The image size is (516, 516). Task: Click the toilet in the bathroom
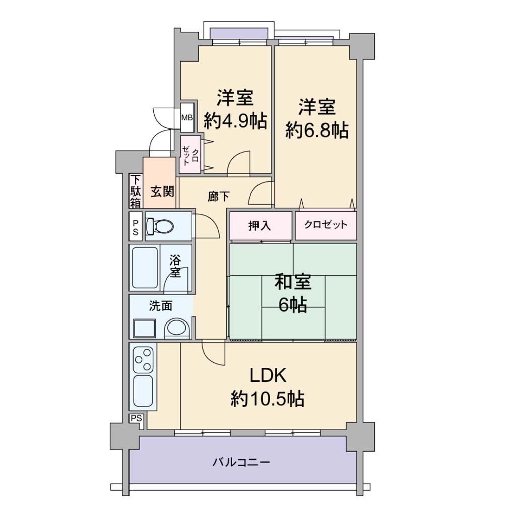[x=159, y=226]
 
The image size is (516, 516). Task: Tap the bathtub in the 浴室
[x=145, y=268]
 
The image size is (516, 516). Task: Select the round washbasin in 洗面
[x=177, y=328]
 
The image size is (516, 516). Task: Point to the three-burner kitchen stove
[x=143, y=359]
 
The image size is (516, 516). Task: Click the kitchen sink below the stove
[x=143, y=391]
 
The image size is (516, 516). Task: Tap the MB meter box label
[x=187, y=117]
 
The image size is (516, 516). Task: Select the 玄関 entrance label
[x=162, y=191]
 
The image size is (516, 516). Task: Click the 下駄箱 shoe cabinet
[x=135, y=191]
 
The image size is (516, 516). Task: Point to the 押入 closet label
[x=260, y=226]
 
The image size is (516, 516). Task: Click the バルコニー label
[x=241, y=463]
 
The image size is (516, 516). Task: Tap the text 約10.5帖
[x=267, y=399]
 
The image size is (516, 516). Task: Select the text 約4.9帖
[x=235, y=121]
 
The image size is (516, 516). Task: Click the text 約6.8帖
[x=317, y=131]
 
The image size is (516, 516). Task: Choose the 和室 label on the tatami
[x=293, y=282]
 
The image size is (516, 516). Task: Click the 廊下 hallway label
[x=219, y=197]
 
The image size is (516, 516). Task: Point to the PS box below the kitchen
[x=136, y=418]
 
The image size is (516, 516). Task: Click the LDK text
[x=268, y=375]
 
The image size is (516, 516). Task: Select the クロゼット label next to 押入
[x=326, y=225]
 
